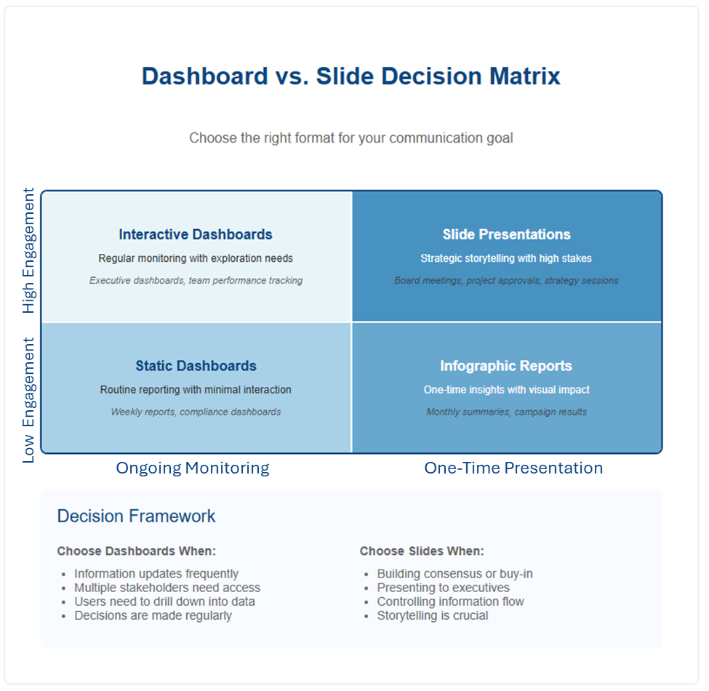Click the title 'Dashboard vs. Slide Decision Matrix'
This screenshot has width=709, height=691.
[351, 76]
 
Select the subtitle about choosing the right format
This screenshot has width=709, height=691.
[351, 138]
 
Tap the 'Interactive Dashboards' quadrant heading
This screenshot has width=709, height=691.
[196, 234]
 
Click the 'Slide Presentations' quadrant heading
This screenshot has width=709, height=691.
[506, 234]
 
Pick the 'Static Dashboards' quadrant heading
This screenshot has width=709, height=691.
[196, 365]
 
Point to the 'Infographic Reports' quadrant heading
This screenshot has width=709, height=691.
[506, 366]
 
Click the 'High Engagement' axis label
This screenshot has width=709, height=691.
[28, 250]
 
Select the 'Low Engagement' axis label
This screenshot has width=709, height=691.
[28, 400]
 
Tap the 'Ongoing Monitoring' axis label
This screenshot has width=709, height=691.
[193, 468]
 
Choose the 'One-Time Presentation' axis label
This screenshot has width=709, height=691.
[513, 468]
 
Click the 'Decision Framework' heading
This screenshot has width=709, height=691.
[136, 516]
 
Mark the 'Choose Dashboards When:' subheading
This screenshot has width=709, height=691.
[137, 551]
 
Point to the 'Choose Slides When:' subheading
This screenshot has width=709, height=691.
[422, 551]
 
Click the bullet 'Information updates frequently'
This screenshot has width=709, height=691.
[156, 574]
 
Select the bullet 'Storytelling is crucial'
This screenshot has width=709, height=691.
[433, 615]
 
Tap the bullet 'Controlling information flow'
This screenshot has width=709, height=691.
[450, 602]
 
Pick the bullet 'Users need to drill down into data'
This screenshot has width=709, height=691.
[164, 602]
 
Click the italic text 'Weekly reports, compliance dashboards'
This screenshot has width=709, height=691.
[196, 412]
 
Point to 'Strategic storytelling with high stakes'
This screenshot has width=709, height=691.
[506, 258]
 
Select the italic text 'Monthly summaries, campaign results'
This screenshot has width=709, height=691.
[506, 412]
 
